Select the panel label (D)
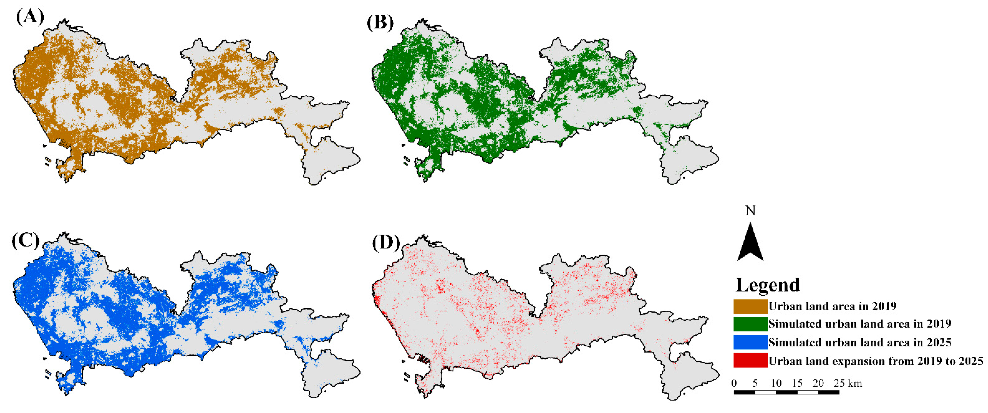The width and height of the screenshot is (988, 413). pyautogui.click(x=386, y=243)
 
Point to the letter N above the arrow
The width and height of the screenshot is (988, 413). pyautogui.click(x=750, y=211)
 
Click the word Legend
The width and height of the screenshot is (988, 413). pyautogui.click(x=768, y=285)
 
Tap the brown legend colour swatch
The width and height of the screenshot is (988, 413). pyautogui.click(x=750, y=306)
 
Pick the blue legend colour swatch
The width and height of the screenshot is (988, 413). pyautogui.click(x=750, y=342)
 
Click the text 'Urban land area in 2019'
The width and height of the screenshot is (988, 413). pyautogui.click(x=832, y=306)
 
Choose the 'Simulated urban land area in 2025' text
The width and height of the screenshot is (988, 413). pyautogui.click(x=860, y=342)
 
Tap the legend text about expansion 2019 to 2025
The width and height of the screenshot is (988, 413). pyautogui.click(x=876, y=361)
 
